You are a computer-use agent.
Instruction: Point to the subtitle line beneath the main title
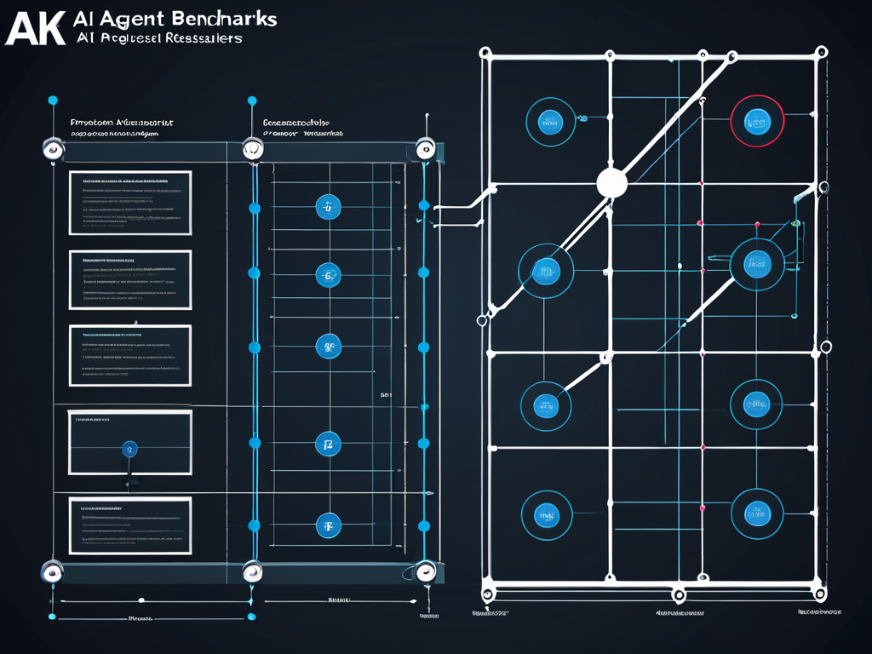[158, 38]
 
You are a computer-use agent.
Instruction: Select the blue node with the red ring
[756, 122]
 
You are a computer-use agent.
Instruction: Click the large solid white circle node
[611, 182]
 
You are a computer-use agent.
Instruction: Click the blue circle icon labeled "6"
[328, 274]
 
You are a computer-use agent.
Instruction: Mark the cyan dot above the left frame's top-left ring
[53, 100]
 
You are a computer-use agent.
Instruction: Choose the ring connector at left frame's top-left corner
[53, 150]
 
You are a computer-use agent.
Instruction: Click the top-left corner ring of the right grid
[489, 53]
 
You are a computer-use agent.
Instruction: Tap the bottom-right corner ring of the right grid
[822, 594]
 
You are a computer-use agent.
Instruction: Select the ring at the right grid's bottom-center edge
[678, 594]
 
